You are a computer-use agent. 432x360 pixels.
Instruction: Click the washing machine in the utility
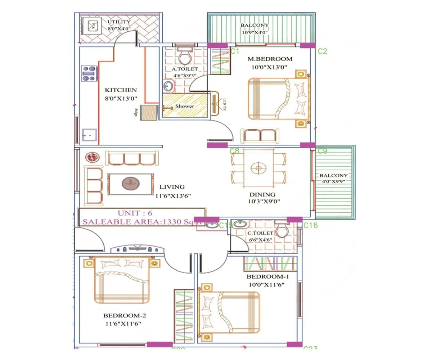point(92,26)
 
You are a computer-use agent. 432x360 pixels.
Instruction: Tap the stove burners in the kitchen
point(89,73)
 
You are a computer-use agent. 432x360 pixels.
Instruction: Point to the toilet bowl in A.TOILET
point(185,57)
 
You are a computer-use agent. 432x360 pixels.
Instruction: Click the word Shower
point(184,106)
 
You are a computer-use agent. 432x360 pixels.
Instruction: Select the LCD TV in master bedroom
point(216,104)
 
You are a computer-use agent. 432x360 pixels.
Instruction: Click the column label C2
point(322,51)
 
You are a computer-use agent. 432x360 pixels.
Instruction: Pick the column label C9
point(322,151)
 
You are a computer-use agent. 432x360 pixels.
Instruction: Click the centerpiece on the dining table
point(258,168)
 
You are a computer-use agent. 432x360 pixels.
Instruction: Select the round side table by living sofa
point(91,157)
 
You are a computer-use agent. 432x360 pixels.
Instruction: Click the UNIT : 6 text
point(135,213)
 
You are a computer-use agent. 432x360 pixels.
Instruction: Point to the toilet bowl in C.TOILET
point(281,230)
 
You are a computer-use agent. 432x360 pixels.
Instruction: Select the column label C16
point(310,225)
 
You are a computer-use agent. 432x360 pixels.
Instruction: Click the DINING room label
point(262,194)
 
